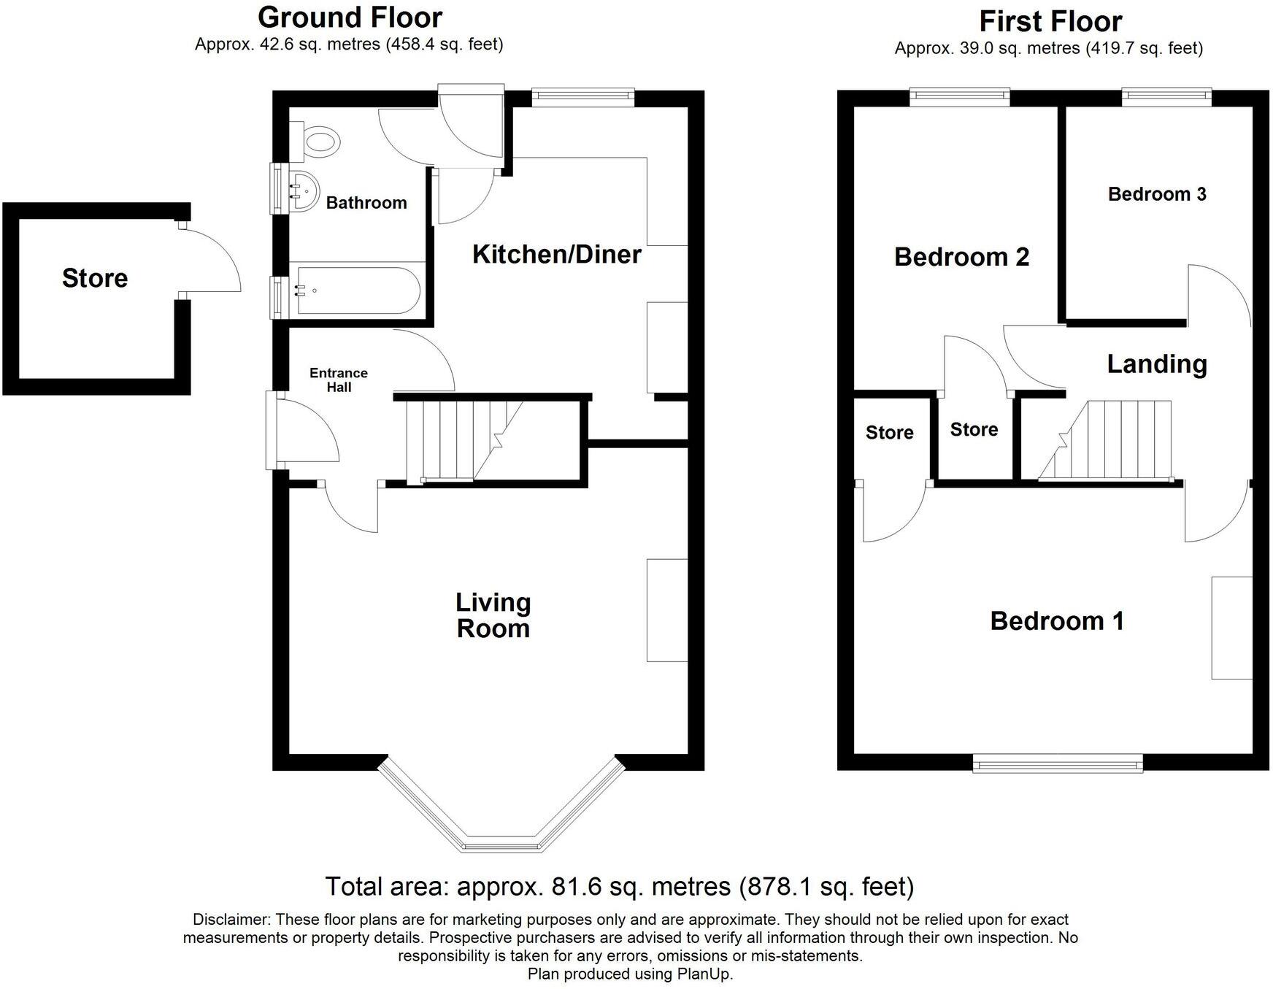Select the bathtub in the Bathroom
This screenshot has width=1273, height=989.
tap(358, 290)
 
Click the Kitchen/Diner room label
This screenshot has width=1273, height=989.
tap(556, 255)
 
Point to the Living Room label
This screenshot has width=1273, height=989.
tap(493, 615)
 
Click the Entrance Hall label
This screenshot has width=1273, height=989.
tap(339, 380)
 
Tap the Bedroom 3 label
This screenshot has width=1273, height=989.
tap(1156, 194)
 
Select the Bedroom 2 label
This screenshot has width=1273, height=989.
tap(961, 257)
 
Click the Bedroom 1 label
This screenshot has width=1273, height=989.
tap(1056, 621)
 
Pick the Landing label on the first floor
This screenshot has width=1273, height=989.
tap(1156, 364)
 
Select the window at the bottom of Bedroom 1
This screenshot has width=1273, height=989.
tap(1057, 764)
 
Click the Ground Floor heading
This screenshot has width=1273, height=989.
tap(350, 18)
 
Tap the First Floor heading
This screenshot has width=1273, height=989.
tap(1050, 21)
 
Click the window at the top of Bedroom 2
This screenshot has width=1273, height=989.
tap(960, 95)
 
